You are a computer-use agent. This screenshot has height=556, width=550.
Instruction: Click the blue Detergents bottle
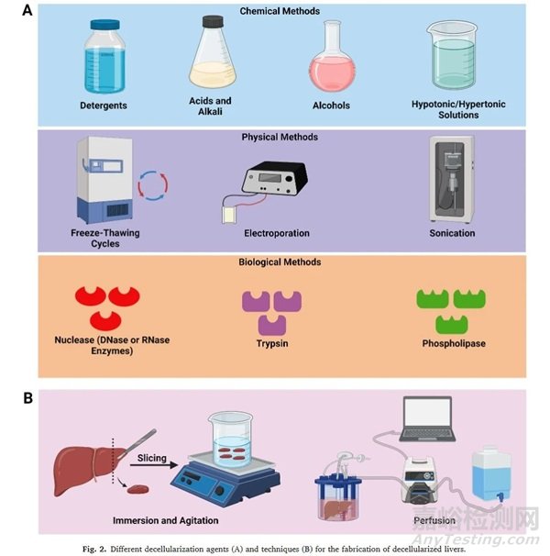pyautogui.click(x=103, y=58)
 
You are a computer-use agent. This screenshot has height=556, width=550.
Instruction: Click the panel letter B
pyautogui.click(x=16, y=399)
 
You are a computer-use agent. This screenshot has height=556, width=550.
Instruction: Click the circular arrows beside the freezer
pyautogui.click(x=153, y=186)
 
